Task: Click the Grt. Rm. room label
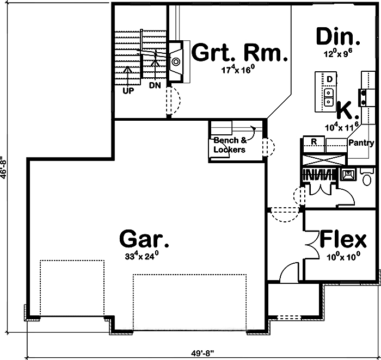239,54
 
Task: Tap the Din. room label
338,37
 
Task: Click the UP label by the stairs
128,91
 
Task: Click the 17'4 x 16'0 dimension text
237,70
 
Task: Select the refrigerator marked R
314,141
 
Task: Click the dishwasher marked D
329,79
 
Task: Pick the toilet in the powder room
367,178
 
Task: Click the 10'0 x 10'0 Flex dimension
343,257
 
